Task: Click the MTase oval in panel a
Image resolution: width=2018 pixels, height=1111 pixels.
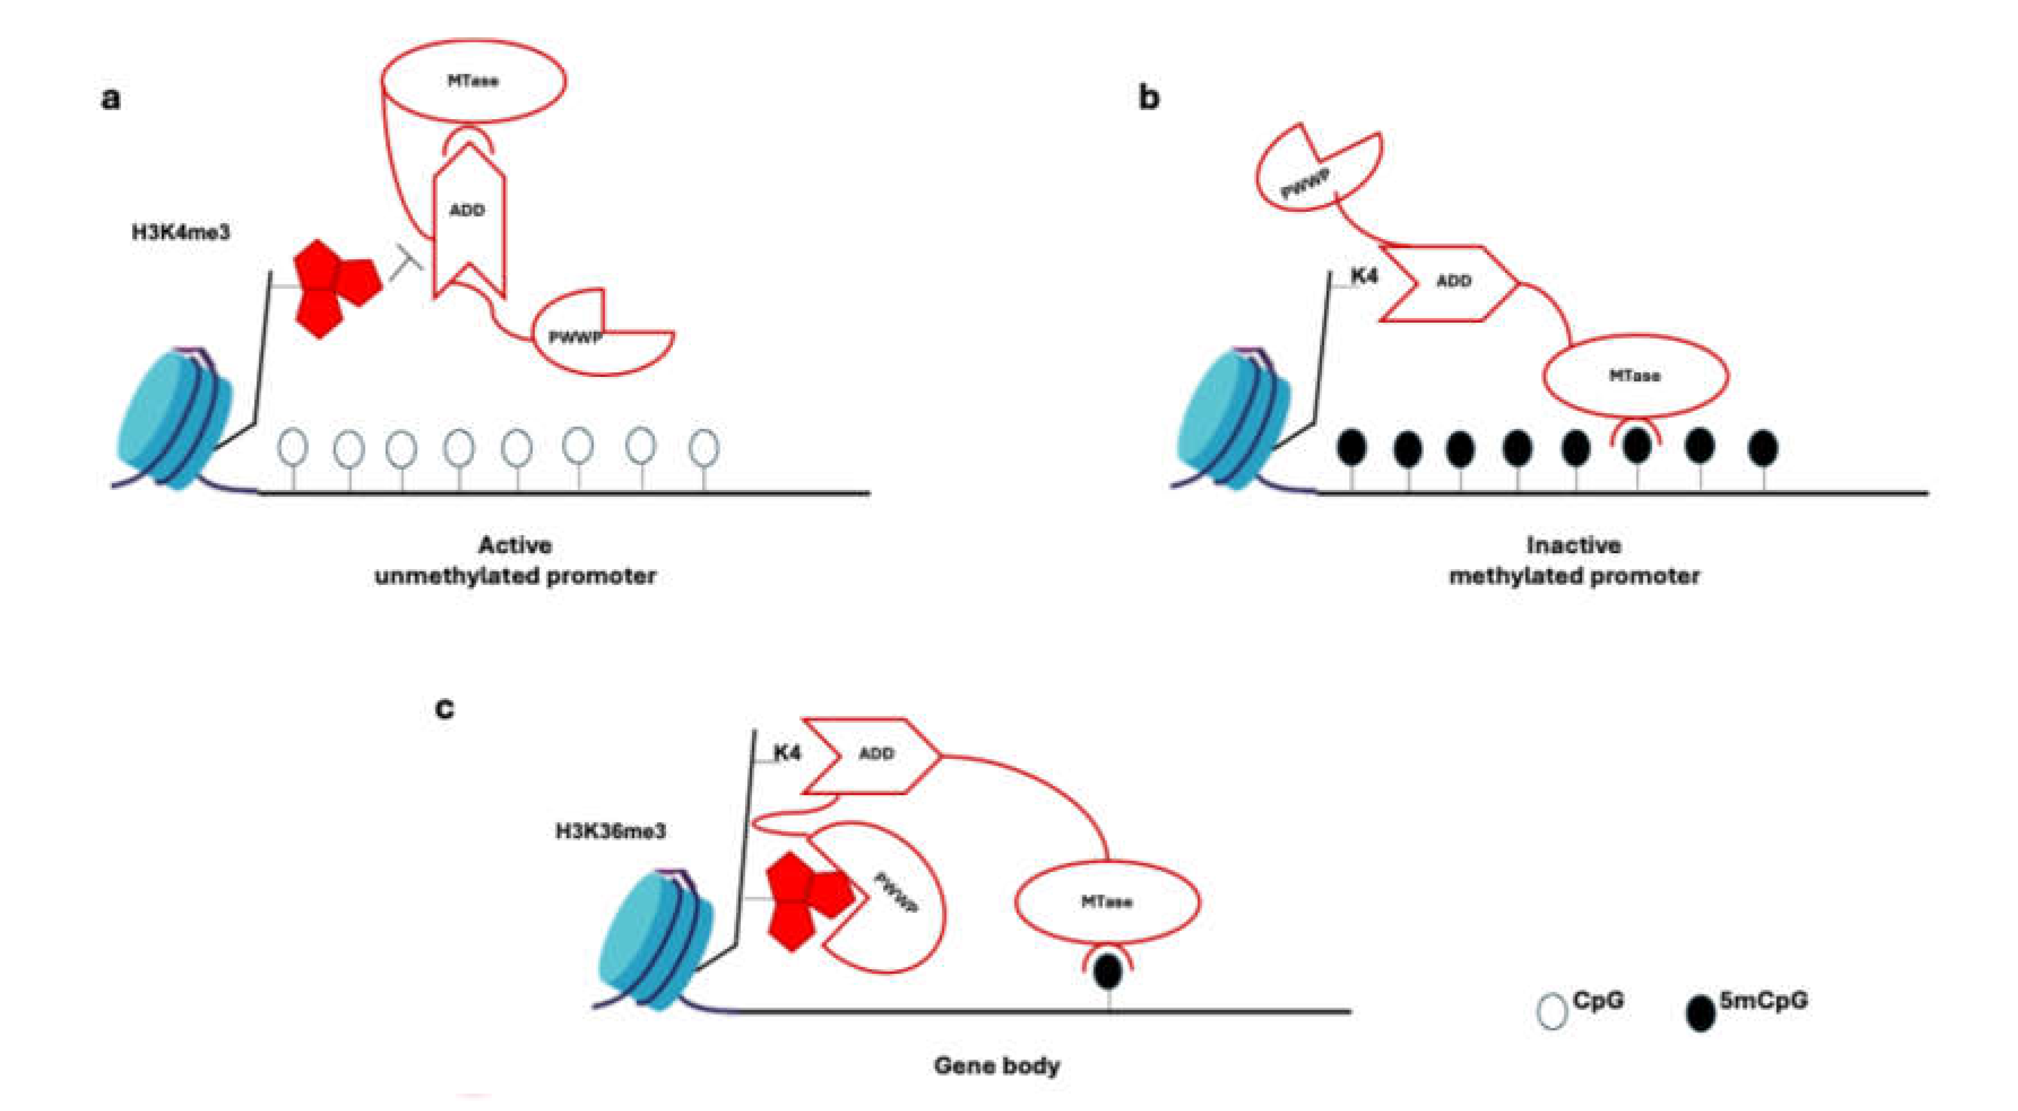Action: tap(473, 81)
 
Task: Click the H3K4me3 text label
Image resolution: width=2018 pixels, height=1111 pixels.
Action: tap(181, 233)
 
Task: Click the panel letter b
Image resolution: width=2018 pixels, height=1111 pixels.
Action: tap(1149, 98)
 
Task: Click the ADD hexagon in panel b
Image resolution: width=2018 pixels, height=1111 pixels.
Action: tap(1449, 282)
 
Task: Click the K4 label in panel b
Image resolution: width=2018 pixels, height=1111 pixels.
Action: tap(1364, 276)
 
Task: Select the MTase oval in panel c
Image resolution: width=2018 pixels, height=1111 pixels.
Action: tap(1107, 902)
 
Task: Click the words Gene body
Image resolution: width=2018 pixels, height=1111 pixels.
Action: tap(997, 1066)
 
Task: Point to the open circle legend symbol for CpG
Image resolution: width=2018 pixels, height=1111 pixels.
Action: tap(1552, 1012)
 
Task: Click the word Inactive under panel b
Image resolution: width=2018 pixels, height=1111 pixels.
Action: tap(1574, 545)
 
